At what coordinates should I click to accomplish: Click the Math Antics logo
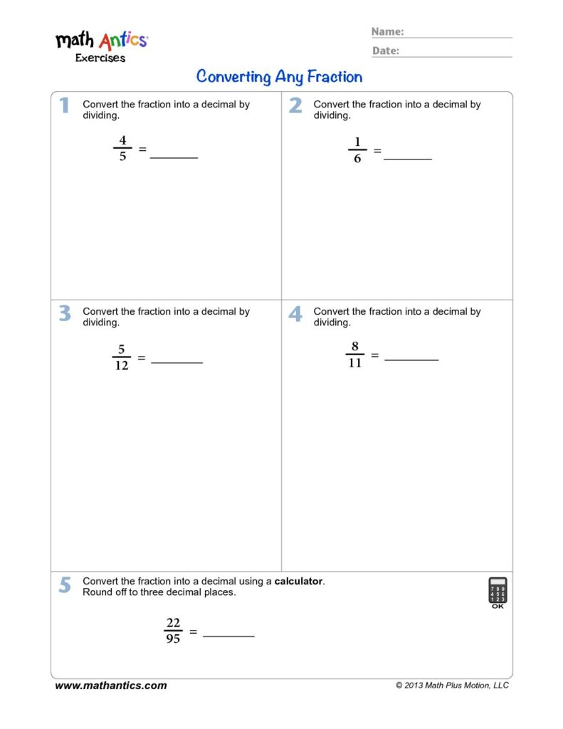coord(101,46)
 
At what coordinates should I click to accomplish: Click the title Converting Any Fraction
coord(279,76)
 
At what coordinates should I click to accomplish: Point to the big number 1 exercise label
coord(64,105)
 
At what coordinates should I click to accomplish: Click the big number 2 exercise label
coord(295,105)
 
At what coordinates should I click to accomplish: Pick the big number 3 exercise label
coord(65,313)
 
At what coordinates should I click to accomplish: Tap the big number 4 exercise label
coord(295,313)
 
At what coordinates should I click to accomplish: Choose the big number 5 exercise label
coord(65,584)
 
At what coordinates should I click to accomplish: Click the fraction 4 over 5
coord(122,149)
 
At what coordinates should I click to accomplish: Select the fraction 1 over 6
coord(357,150)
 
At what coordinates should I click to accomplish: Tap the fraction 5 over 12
coord(122,357)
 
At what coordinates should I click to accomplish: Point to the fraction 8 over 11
coord(354,355)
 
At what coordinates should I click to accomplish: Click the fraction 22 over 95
coord(173,631)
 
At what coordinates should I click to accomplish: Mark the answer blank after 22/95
coord(228,635)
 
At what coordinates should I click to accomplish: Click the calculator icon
coord(498,592)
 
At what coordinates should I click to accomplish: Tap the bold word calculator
coord(299,581)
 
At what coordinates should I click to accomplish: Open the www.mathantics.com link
coord(111,686)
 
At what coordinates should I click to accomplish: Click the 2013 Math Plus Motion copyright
coord(452,686)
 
